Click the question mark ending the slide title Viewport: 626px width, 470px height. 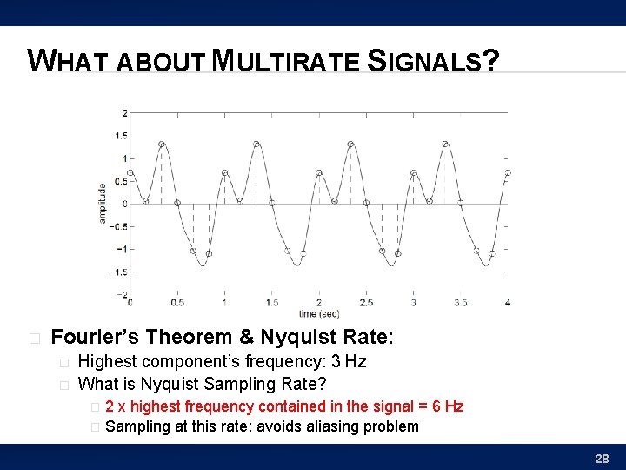click(x=490, y=61)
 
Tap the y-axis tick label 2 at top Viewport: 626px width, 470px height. click(x=124, y=113)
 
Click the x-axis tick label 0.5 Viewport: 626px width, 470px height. click(x=177, y=303)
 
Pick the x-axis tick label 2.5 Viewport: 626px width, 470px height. click(x=366, y=303)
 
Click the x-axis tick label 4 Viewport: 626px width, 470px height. click(x=508, y=303)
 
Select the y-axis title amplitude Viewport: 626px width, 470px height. click(x=103, y=202)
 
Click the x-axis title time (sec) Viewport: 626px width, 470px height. click(x=319, y=313)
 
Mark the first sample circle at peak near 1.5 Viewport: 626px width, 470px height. click(x=163, y=144)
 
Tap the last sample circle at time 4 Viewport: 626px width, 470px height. click(x=508, y=172)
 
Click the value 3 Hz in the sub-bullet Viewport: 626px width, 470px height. click(x=344, y=361)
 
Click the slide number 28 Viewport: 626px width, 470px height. click(x=601, y=458)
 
